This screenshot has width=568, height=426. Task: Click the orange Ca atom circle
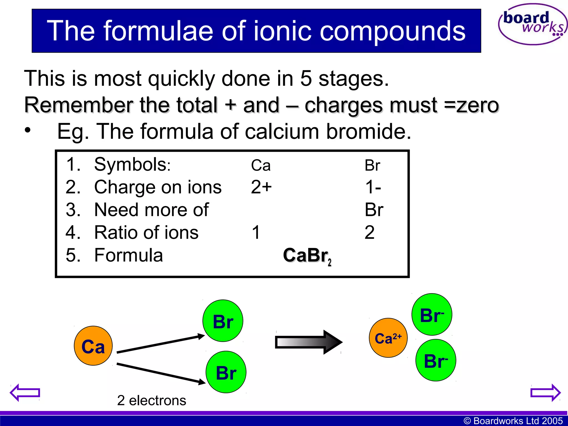click(93, 346)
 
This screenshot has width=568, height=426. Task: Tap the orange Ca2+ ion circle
click(388, 338)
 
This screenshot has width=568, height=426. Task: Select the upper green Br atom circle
click(223, 321)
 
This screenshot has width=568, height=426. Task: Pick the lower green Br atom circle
click(226, 372)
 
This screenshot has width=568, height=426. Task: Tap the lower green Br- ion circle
click(436, 360)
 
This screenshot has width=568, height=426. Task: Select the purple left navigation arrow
click(25, 392)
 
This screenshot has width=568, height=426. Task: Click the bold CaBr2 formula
click(307, 255)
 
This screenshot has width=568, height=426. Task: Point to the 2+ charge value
click(261, 187)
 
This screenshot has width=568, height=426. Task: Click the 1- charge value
click(373, 187)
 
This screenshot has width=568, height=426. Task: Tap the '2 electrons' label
click(151, 400)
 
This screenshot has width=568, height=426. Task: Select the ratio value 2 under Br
click(369, 232)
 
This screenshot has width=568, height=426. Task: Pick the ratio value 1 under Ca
click(256, 232)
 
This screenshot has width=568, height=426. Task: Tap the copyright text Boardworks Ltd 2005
click(513, 421)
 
